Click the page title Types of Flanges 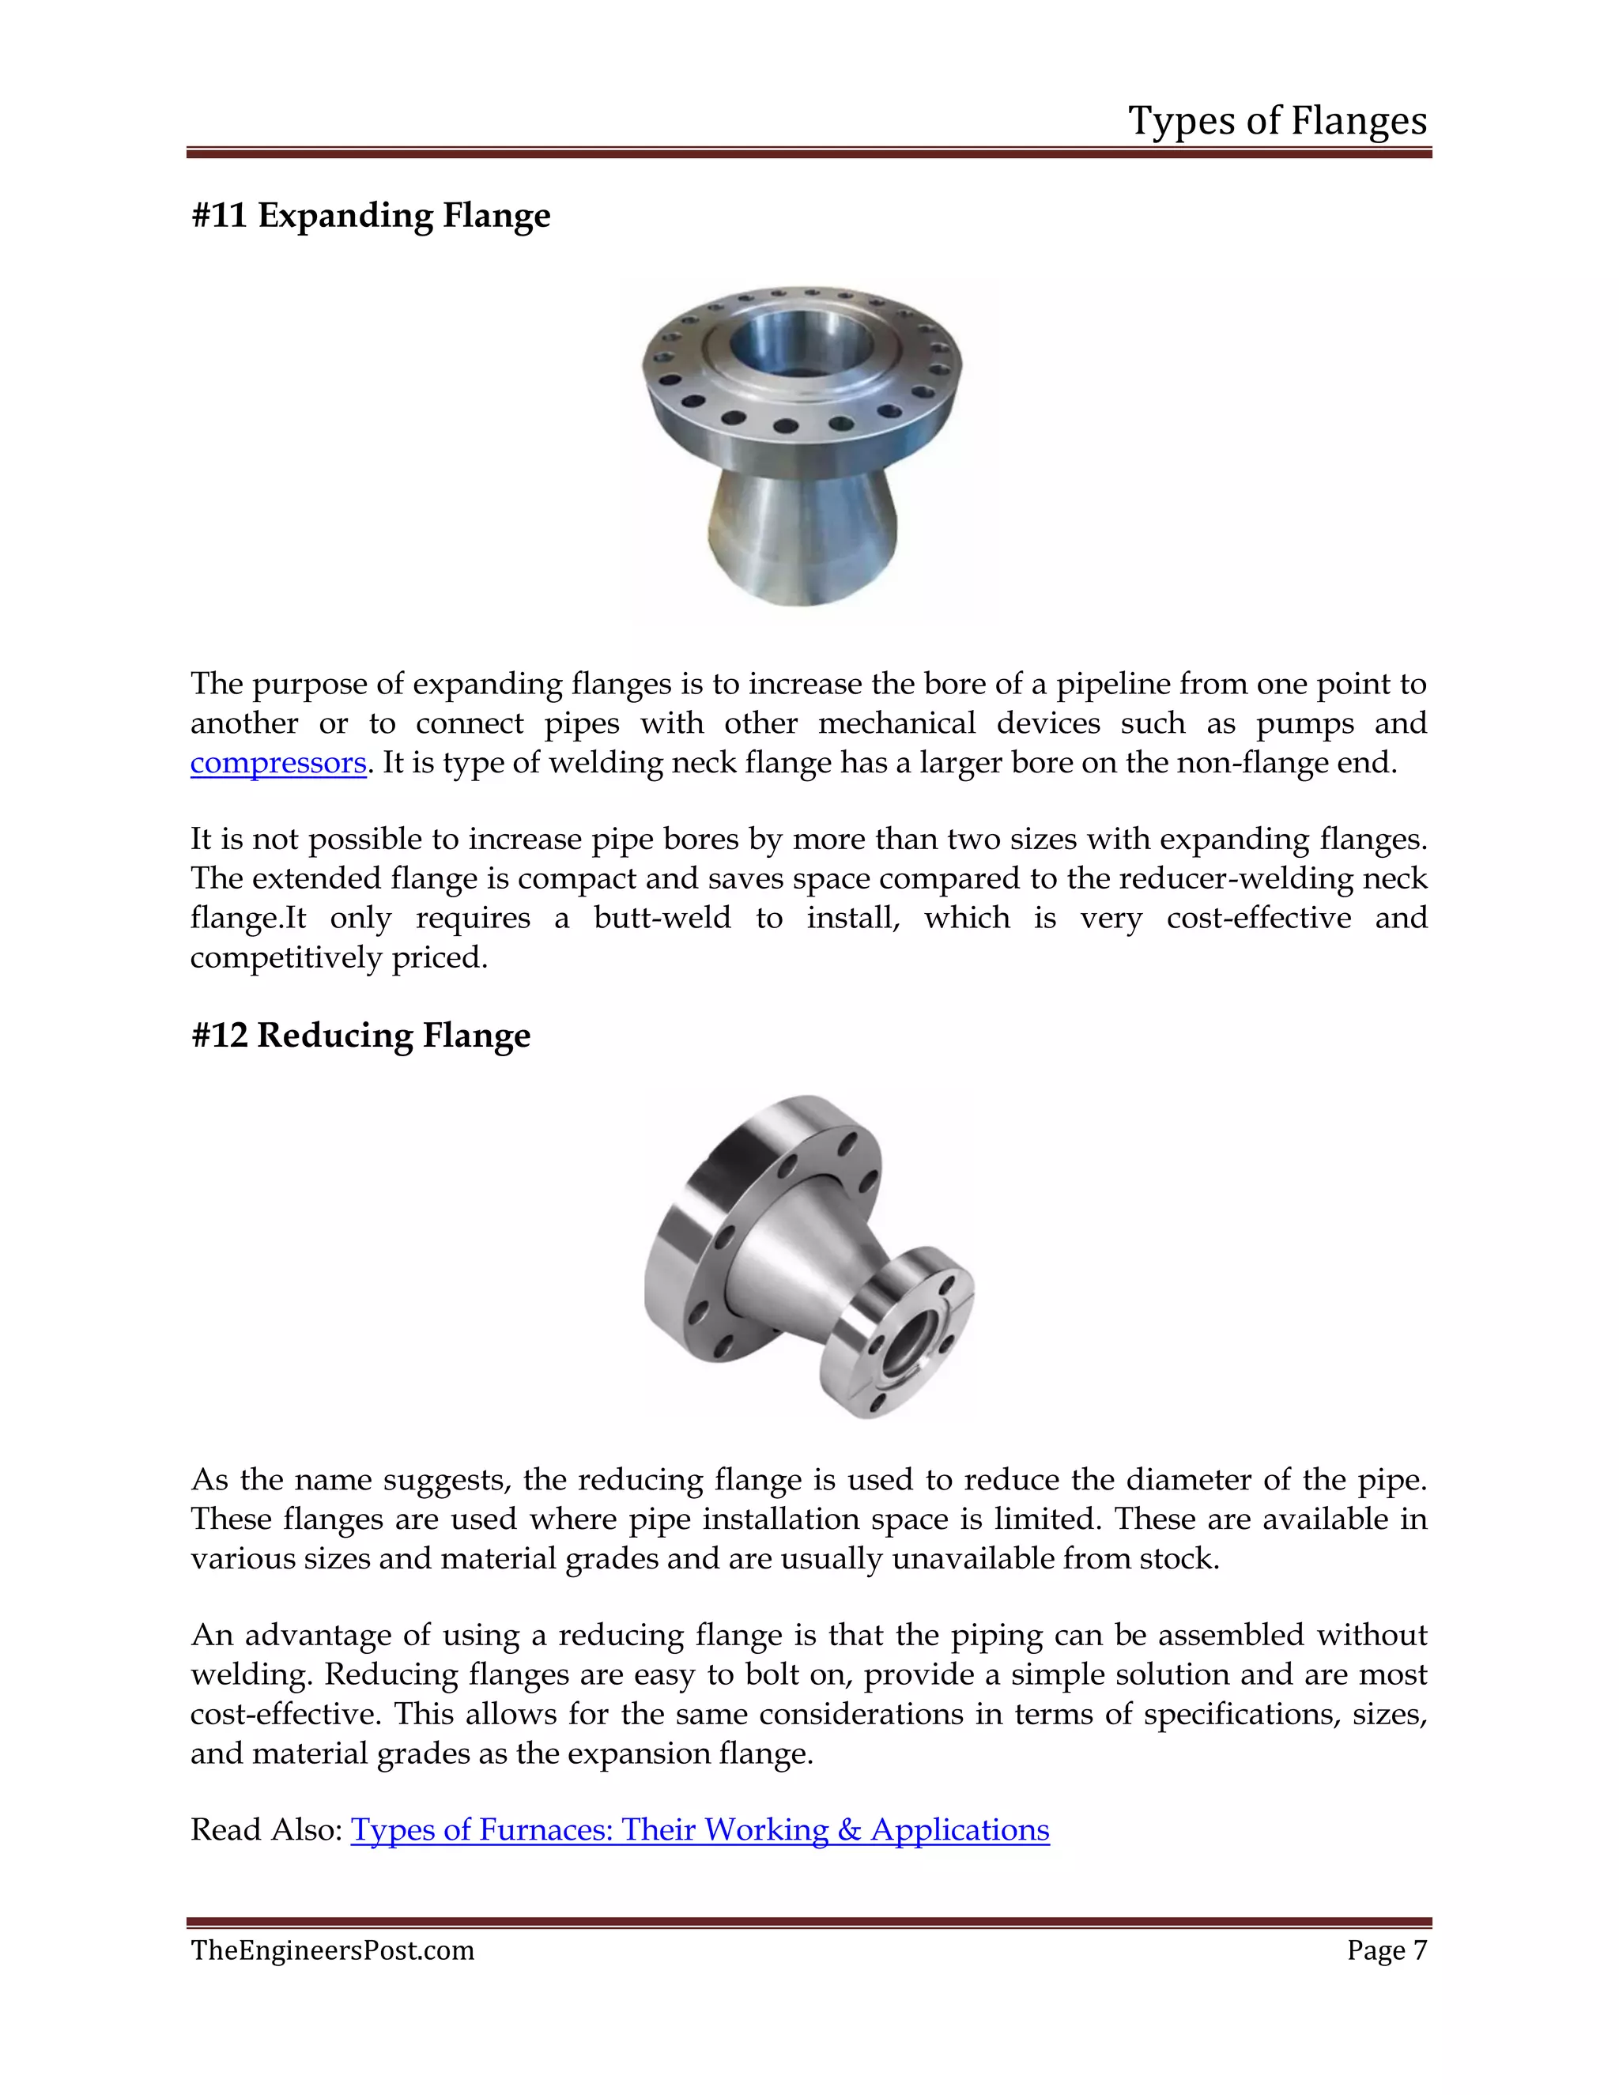(1277, 121)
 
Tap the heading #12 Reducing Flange (360, 1035)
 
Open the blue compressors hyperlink (278, 763)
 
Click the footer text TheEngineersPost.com (332, 1950)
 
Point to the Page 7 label (1386, 1950)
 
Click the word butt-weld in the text (662, 918)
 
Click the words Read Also (266, 1829)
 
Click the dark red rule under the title (809, 153)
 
